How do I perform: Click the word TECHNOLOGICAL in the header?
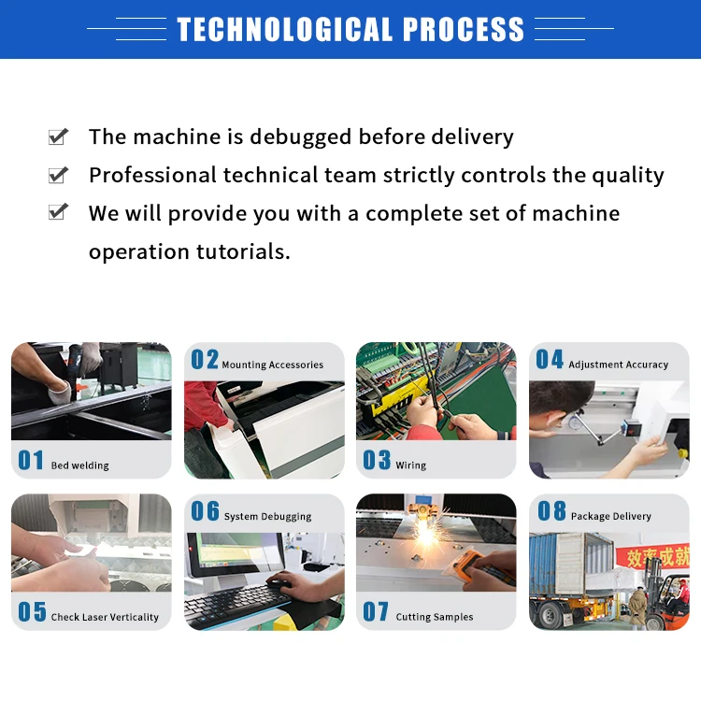(285, 29)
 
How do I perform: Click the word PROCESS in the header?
(463, 29)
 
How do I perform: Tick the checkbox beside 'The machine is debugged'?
(58, 137)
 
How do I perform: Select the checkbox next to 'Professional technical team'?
(58, 176)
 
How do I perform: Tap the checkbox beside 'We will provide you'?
(58, 213)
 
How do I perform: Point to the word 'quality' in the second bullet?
(625, 176)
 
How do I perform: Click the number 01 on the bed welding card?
(31, 460)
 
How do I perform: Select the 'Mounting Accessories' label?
(272, 365)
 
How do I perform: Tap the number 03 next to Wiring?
(377, 460)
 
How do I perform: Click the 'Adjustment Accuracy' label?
(618, 365)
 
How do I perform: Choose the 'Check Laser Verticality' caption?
(105, 617)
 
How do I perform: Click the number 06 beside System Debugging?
(205, 511)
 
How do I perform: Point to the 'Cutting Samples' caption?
(435, 617)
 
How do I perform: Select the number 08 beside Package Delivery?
(551, 511)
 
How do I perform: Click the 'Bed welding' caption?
(79, 465)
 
